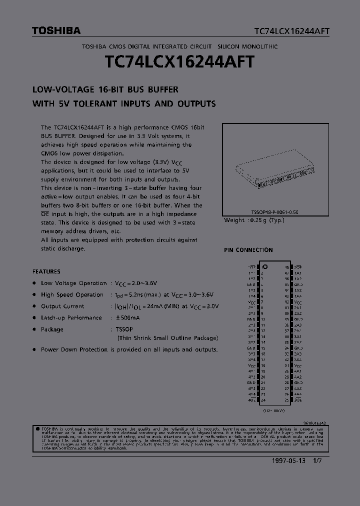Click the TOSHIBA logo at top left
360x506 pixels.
click(56, 31)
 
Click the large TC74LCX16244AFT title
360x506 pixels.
click(180, 62)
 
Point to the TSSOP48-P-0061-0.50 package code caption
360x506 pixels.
click(274, 212)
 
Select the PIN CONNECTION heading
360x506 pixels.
click(248, 250)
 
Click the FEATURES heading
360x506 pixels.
click(46, 271)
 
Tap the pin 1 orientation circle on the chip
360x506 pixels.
click(266, 266)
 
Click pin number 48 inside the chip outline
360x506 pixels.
click(286, 267)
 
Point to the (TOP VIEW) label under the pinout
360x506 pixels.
click(274, 410)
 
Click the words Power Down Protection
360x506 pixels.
click(74, 349)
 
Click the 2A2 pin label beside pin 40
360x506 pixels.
click(298, 313)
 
